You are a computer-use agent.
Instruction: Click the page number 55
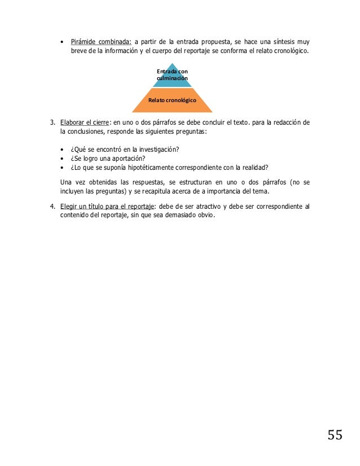[335, 434]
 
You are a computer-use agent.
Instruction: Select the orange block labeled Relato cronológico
[172, 100]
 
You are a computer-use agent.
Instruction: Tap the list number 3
[52, 122]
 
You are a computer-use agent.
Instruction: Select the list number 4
[52, 206]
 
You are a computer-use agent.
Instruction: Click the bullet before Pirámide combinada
[62, 42]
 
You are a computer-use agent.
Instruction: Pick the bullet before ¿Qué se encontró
[62, 150]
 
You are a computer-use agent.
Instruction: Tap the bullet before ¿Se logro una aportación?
[62, 159]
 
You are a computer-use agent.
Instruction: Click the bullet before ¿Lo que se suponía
[62, 168]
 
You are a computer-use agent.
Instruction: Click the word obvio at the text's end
[204, 215]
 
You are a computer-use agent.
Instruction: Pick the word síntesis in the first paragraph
[279, 42]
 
